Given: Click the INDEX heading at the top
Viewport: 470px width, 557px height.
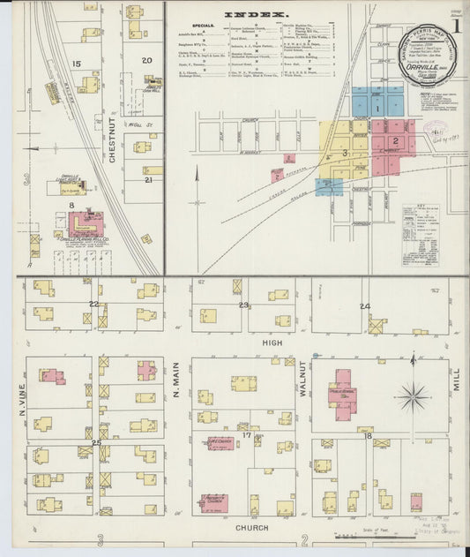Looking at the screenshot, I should [x=255, y=15].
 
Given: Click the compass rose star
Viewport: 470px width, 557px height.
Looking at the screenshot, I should [x=412, y=396].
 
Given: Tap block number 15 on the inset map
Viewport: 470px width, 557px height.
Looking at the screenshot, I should [x=77, y=64].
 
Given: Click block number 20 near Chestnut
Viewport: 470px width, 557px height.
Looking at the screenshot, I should [x=146, y=60].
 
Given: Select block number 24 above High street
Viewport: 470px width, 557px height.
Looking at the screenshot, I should [x=364, y=306].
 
